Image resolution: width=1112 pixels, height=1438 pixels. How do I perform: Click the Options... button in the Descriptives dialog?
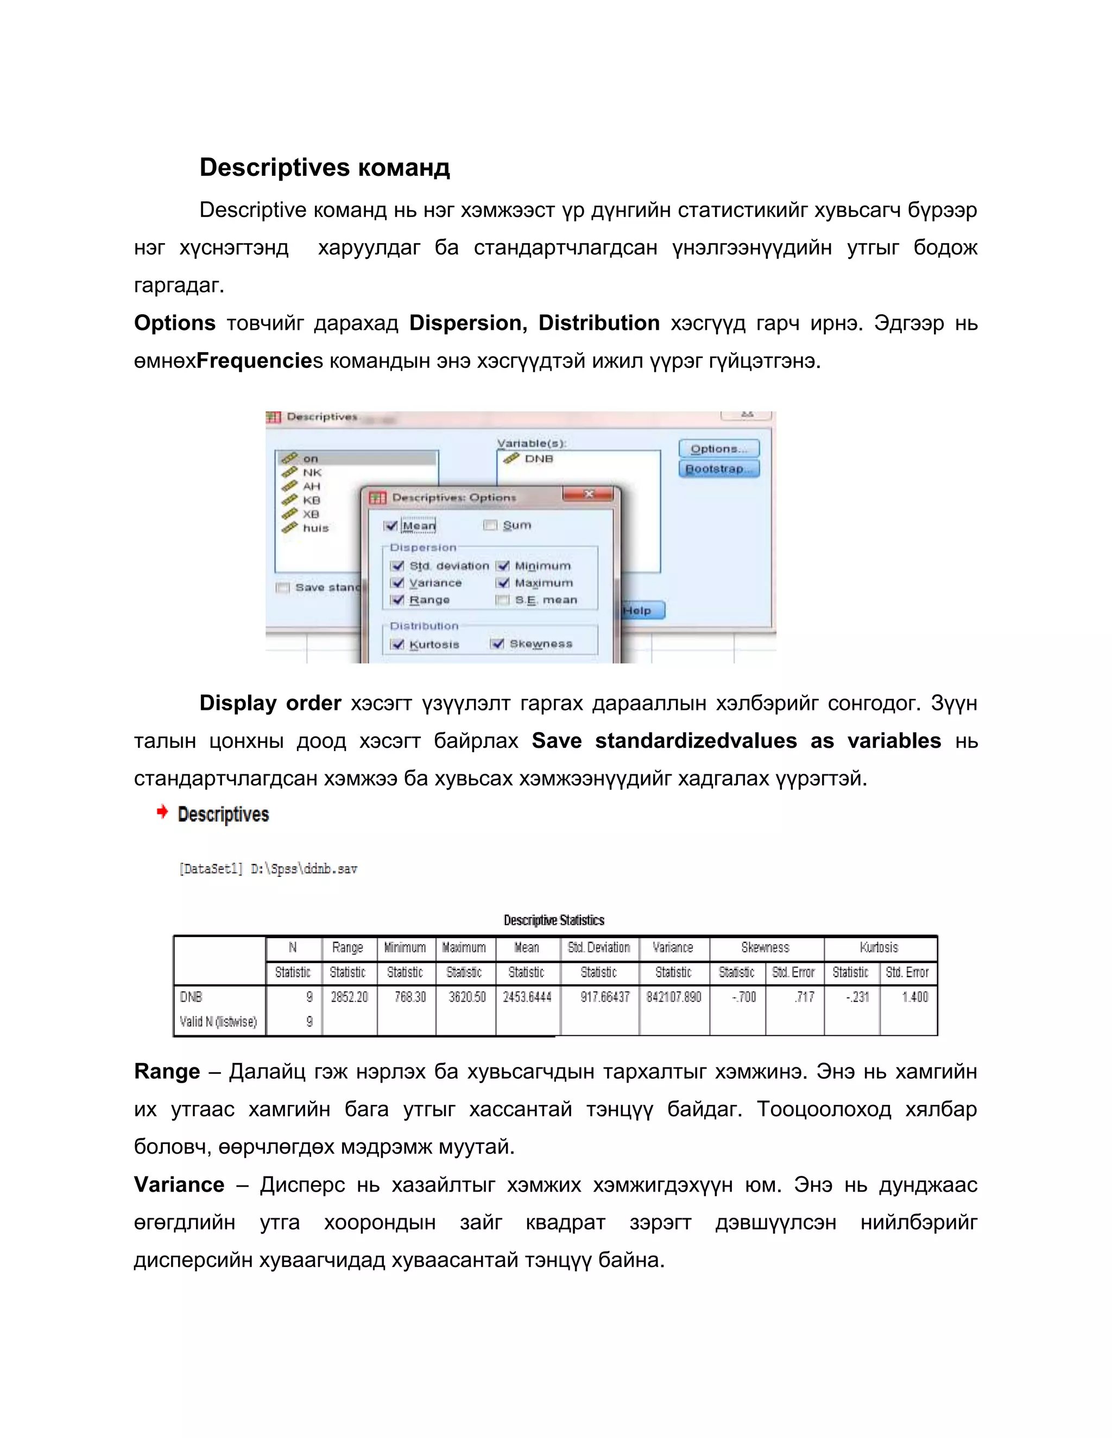tap(719, 448)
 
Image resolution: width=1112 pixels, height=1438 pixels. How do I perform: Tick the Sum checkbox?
tap(490, 525)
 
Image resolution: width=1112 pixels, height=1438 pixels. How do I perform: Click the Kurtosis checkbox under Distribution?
tap(397, 644)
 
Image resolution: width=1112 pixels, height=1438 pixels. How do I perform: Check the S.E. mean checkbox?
tap(503, 600)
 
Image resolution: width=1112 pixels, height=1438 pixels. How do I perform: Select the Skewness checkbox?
tap(498, 643)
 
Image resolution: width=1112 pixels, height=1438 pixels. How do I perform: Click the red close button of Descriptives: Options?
tap(589, 494)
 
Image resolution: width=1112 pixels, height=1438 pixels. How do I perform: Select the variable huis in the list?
tap(315, 528)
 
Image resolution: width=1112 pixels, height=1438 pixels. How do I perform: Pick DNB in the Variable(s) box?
tap(538, 459)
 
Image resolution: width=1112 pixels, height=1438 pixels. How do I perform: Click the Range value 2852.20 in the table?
tap(349, 997)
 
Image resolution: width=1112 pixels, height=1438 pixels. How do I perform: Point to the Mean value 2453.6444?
tap(527, 997)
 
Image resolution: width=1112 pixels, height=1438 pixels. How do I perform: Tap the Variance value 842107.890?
tap(673, 997)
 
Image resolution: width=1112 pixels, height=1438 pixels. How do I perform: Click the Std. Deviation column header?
tap(599, 947)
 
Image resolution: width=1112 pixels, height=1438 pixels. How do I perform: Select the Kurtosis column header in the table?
tap(879, 947)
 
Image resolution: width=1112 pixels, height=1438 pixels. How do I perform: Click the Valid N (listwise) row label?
tap(218, 1022)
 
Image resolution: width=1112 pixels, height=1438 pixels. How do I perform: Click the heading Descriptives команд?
tap(325, 167)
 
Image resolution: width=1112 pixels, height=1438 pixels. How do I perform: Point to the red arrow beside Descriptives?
tap(162, 812)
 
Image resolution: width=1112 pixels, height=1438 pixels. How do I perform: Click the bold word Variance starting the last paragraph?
tap(179, 1185)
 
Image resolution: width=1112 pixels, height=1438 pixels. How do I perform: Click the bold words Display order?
tap(270, 703)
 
